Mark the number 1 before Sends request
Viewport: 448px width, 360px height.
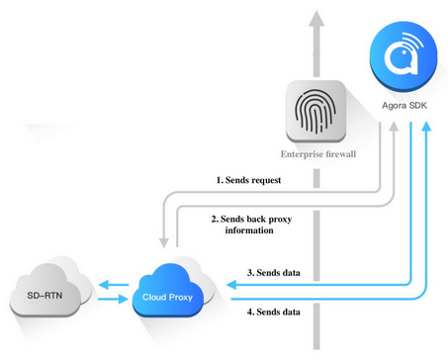[220, 181]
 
